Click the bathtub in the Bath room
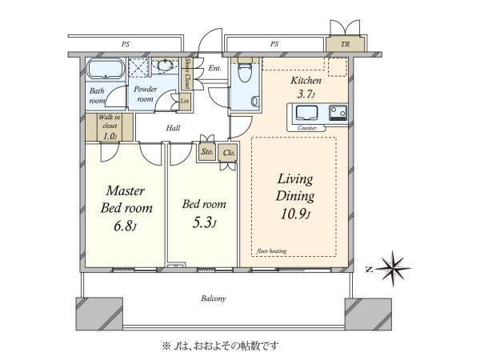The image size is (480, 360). coord(106,69)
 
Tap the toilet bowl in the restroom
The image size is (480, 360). coord(245,73)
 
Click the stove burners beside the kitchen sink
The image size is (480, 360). coord(338,112)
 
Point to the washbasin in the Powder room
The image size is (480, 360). coord(165,66)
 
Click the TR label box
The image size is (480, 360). coord(346,44)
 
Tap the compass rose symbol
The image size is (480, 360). coord(393,269)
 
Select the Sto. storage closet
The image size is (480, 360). coord(207,151)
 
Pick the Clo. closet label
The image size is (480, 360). coord(229,153)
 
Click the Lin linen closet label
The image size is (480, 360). coord(184,101)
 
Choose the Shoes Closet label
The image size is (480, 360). coord(186,74)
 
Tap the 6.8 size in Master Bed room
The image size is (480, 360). coord(125,226)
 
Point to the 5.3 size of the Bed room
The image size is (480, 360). coord(204,223)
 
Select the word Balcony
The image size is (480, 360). coord(214,298)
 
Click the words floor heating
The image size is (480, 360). coord(272,251)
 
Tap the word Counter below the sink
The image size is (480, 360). coord(307,128)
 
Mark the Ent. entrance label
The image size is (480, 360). coord(214,68)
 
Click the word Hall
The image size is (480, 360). coord(173,128)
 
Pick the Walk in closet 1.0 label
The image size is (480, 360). coord(110,127)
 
